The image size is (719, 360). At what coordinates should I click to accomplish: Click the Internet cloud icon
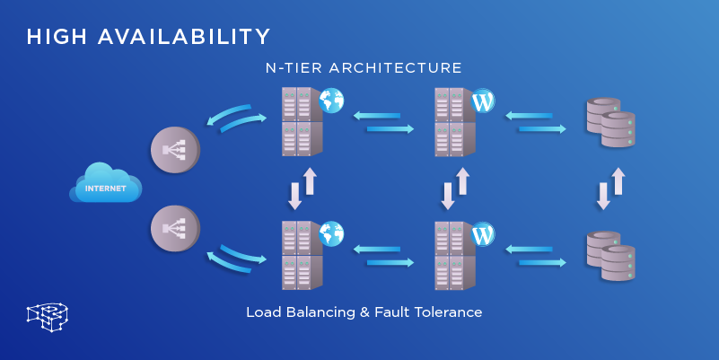click(106, 183)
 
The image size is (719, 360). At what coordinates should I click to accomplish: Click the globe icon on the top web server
click(331, 101)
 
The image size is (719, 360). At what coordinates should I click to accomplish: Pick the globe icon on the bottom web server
click(331, 234)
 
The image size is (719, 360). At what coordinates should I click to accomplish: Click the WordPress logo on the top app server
click(483, 101)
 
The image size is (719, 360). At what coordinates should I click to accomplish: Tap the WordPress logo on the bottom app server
click(483, 235)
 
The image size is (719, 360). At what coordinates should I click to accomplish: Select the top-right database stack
click(610, 122)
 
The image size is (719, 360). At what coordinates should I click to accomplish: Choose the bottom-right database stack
click(610, 256)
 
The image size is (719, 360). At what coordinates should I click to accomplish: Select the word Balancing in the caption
click(318, 312)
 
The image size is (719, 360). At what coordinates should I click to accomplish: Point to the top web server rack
click(298, 121)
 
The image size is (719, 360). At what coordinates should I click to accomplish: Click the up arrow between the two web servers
click(310, 180)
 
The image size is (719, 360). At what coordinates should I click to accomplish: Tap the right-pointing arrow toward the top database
click(541, 129)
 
